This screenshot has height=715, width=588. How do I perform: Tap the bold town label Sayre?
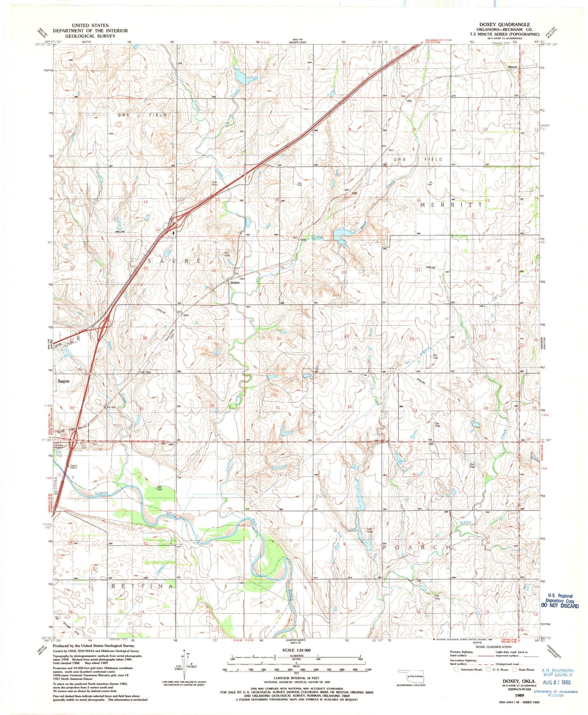pyautogui.click(x=63, y=381)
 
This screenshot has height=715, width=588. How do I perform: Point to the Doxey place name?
pyautogui.click(x=235, y=282)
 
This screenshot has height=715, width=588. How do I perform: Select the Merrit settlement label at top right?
pyautogui.click(x=512, y=67)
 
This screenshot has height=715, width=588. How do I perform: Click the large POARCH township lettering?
pyautogui.click(x=417, y=548)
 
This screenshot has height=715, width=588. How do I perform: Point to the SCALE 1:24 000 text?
pyautogui.click(x=296, y=650)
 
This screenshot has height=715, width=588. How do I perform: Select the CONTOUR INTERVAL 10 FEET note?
pyautogui.click(x=296, y=678)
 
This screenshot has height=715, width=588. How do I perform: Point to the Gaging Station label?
pyautogui.click(x=74, y=467)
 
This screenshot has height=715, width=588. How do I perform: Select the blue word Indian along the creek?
pyautogui.click(x=465, y=522)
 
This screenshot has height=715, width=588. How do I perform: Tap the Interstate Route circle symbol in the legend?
pyautogui.click(x=456, y=669)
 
